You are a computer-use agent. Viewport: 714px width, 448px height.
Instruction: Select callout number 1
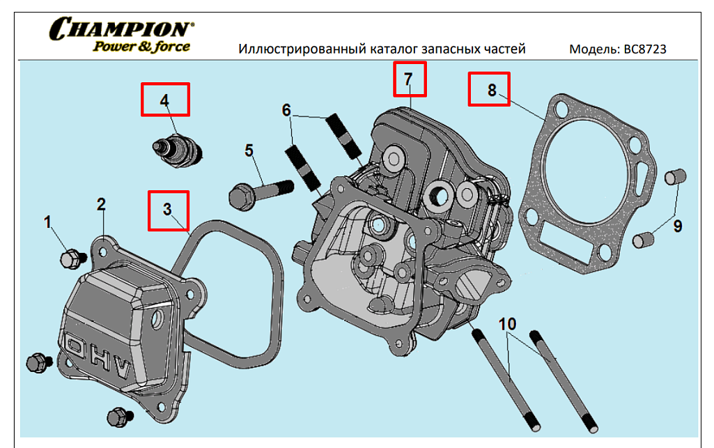(x=48, y=222)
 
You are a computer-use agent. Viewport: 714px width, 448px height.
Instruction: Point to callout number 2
(x=102, y=204)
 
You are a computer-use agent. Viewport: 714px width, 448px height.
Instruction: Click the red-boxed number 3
(x=167, y=210)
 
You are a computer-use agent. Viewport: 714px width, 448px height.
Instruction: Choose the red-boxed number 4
(x=164, y=100)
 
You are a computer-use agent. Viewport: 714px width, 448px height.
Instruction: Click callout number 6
(x=287, y=110)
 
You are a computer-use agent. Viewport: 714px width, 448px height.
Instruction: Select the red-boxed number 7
(x=409, y=79)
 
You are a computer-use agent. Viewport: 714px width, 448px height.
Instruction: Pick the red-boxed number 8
(x=492, y=90)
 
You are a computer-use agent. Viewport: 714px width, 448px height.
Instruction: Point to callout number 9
(x=677, y=226)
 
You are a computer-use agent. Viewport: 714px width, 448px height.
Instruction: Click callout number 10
(x=508, y=324)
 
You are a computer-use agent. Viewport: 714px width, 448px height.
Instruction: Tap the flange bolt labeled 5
(x=258, y=190)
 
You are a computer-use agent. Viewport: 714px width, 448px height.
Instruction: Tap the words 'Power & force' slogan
(x=141, y=47)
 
